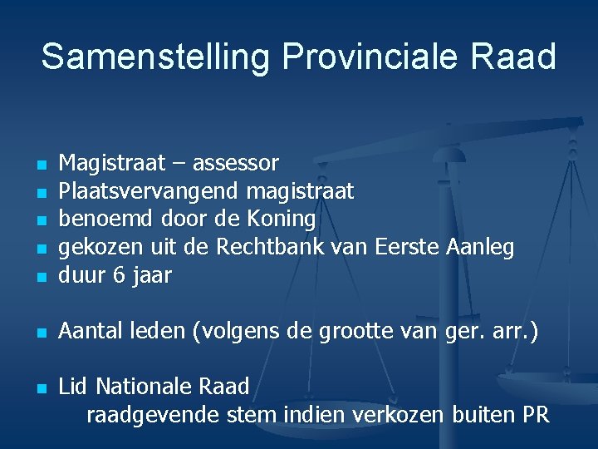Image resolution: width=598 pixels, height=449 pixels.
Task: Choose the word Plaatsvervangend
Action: pos(150,192)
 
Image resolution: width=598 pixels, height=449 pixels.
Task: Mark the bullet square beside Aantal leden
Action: pos(40,333)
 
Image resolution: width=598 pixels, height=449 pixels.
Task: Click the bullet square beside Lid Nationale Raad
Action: pos(40,388)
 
